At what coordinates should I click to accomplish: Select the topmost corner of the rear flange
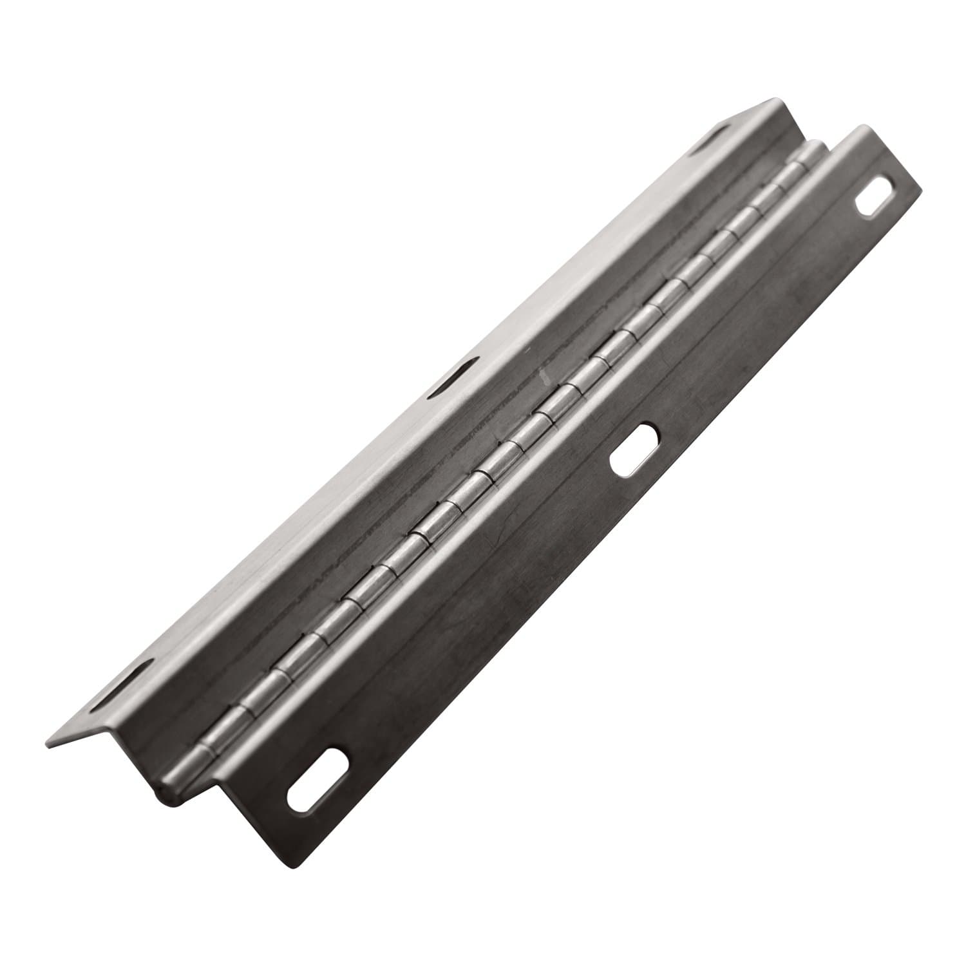(776, 99)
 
